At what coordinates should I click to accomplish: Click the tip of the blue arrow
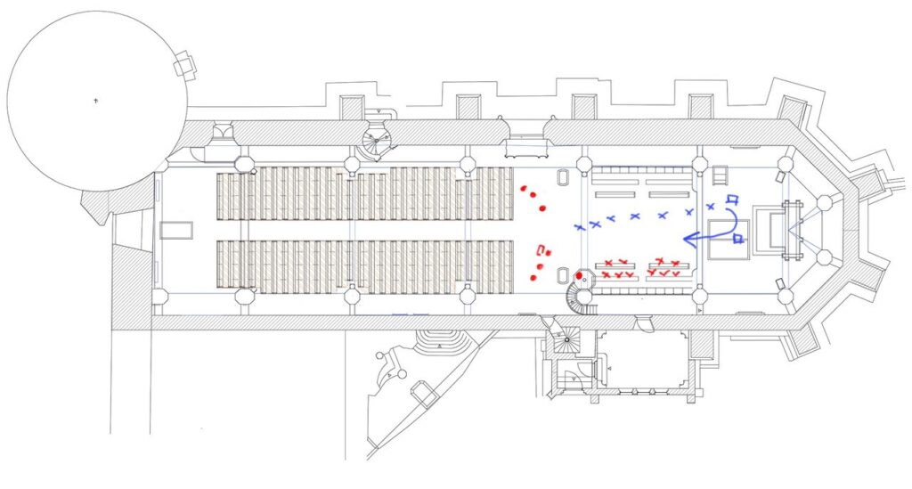[x=683, y=238]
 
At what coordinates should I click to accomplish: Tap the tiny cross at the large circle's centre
[x=96, y=102]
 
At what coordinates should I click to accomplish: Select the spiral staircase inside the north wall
[x=377, y=137]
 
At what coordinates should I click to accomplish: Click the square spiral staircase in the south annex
[x=564, y=341]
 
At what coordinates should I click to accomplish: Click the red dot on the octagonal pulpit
[x=579, y=275]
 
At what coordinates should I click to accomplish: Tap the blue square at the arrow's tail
[x=738, y=238]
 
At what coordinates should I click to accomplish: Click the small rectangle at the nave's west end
[x=176, y=230]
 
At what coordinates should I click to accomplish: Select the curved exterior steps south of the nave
[x=444, y=339]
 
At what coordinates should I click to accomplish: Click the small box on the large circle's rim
[x=185, y=63]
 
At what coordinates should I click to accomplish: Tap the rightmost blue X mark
[x=711, y=207]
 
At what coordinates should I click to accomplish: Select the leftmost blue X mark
[x=579, y=228]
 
